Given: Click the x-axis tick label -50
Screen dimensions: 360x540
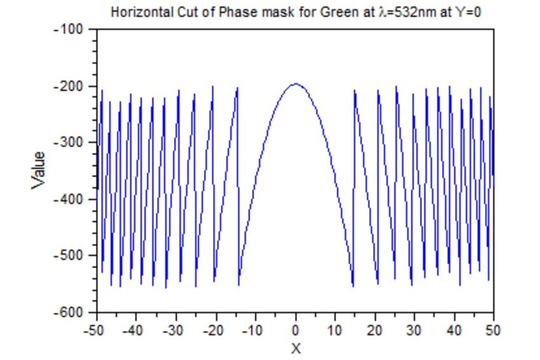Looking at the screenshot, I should click(96, 330).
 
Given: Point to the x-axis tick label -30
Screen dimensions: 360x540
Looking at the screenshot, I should click(175, 330).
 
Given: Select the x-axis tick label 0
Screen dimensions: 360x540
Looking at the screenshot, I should click(295, 330).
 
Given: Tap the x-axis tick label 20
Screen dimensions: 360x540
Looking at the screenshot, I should click(375, 330).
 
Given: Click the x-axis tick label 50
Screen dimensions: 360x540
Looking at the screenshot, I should click(493, 330).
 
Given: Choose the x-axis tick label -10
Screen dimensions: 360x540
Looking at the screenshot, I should click(254, 330).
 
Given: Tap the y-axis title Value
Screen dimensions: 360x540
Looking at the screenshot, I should click(39, 170).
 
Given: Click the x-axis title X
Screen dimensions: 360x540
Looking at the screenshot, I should click(295, 348).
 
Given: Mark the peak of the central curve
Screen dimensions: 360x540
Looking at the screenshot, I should click(295, 84).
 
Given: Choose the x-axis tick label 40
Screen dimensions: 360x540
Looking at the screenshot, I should click(454, 330).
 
